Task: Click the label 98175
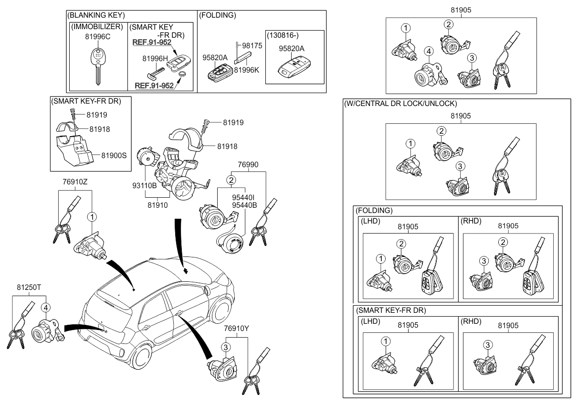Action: pos(252,45)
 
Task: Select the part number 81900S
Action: pos(116,155)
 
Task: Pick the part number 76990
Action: pos(248,164)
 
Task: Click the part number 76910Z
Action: pos(75,181)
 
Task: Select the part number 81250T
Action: pos(30,288)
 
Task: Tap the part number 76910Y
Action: pos(237,329)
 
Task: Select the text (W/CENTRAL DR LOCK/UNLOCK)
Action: pos(400,103)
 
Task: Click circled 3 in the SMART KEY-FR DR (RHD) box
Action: pos(487,344)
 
